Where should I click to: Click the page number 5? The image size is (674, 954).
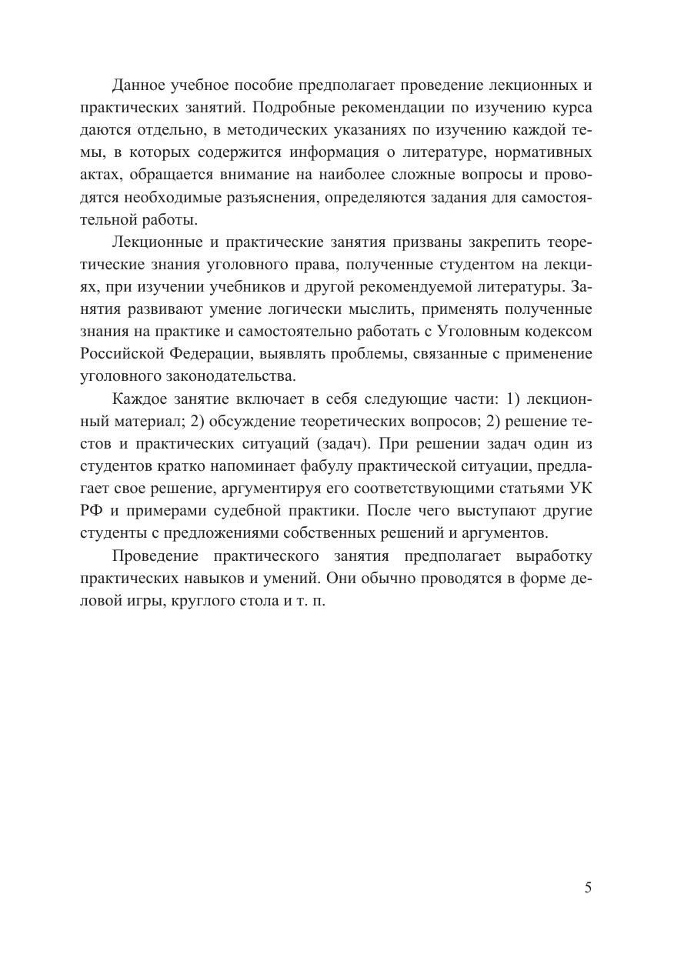click(x=588, y=887)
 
